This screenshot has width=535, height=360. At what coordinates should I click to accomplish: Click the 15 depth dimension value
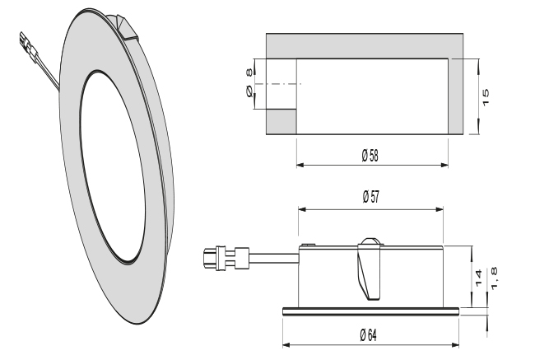486,96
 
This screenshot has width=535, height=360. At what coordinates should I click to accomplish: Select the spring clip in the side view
371,271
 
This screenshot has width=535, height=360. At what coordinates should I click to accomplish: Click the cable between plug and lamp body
271,259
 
